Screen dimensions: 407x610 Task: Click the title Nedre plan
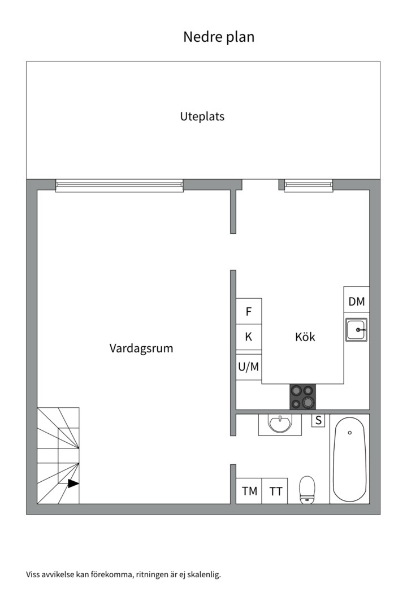[x=219, y=37]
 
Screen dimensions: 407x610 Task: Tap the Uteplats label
[x=202, y=117]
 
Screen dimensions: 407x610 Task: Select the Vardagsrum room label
[x=141, y=348]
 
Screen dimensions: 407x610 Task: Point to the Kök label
[x=305, y=337]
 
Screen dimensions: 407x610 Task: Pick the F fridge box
[x=249, y=311]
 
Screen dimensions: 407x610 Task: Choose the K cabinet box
[x=249, y=337]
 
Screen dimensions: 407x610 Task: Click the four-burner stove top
[x=302, y=397]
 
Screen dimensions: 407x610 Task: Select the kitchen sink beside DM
[x=356, y=330]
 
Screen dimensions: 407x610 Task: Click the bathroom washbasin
[x=280, y=424]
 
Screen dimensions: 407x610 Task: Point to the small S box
[x=319, y=421]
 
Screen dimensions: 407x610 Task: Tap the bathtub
[x=349, y=459]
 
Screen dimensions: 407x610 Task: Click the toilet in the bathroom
[x=307, y=490]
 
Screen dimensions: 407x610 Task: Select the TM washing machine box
[x=249, y=491]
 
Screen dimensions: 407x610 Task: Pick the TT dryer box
[x=275, y=491]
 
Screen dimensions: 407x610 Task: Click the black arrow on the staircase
[x=73, y=483]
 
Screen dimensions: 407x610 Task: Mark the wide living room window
[x=119, y=186]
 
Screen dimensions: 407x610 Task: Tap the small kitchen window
[x=309, y=186]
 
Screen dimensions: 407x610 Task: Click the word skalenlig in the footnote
[x=203, y=574]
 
